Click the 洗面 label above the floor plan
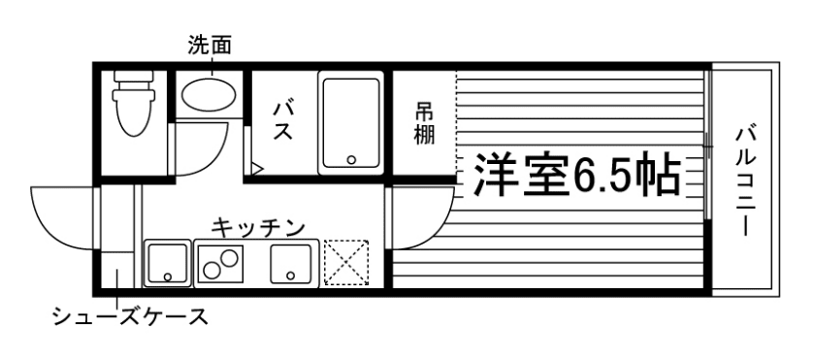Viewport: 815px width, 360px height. [x=210, y=44]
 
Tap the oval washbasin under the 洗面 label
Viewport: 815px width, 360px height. [x=209, y=95]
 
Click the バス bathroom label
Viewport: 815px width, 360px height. [x=282, y=118]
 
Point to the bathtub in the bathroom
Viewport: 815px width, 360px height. [x=350, y=120]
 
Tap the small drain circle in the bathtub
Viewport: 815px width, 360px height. [x=352, y=158]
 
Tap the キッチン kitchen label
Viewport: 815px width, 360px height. [x=258, y=227]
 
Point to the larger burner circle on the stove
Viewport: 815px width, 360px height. [x=231, y=259]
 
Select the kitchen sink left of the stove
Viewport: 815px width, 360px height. [x=168, y=263]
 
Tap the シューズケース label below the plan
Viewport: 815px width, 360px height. [x=129, y=317]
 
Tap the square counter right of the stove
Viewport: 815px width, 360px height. [x=290, y=263]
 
